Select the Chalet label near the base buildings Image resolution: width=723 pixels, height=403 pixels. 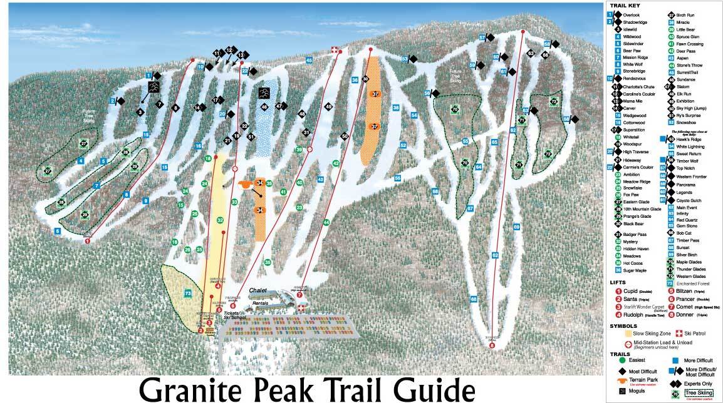coord(257,290)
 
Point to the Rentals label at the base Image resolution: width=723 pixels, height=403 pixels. coord(260,304)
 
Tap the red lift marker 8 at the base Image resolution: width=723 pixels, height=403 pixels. coord(492,345)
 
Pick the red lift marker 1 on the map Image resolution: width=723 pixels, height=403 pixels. coord(87,240)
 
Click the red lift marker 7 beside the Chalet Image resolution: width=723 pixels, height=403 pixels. coord(299,294)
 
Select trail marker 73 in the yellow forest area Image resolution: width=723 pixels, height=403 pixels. coord(187,292)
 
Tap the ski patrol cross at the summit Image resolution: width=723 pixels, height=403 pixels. coord(334,50)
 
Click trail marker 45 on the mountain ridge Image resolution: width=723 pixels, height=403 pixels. coord(309,59)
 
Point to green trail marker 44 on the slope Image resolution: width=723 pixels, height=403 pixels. coord(326,222)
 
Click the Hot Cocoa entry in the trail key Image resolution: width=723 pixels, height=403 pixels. coord(632,262)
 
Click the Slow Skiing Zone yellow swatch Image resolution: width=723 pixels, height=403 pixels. coord(618,334)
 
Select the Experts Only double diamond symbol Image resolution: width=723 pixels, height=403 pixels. coord(674,382)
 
